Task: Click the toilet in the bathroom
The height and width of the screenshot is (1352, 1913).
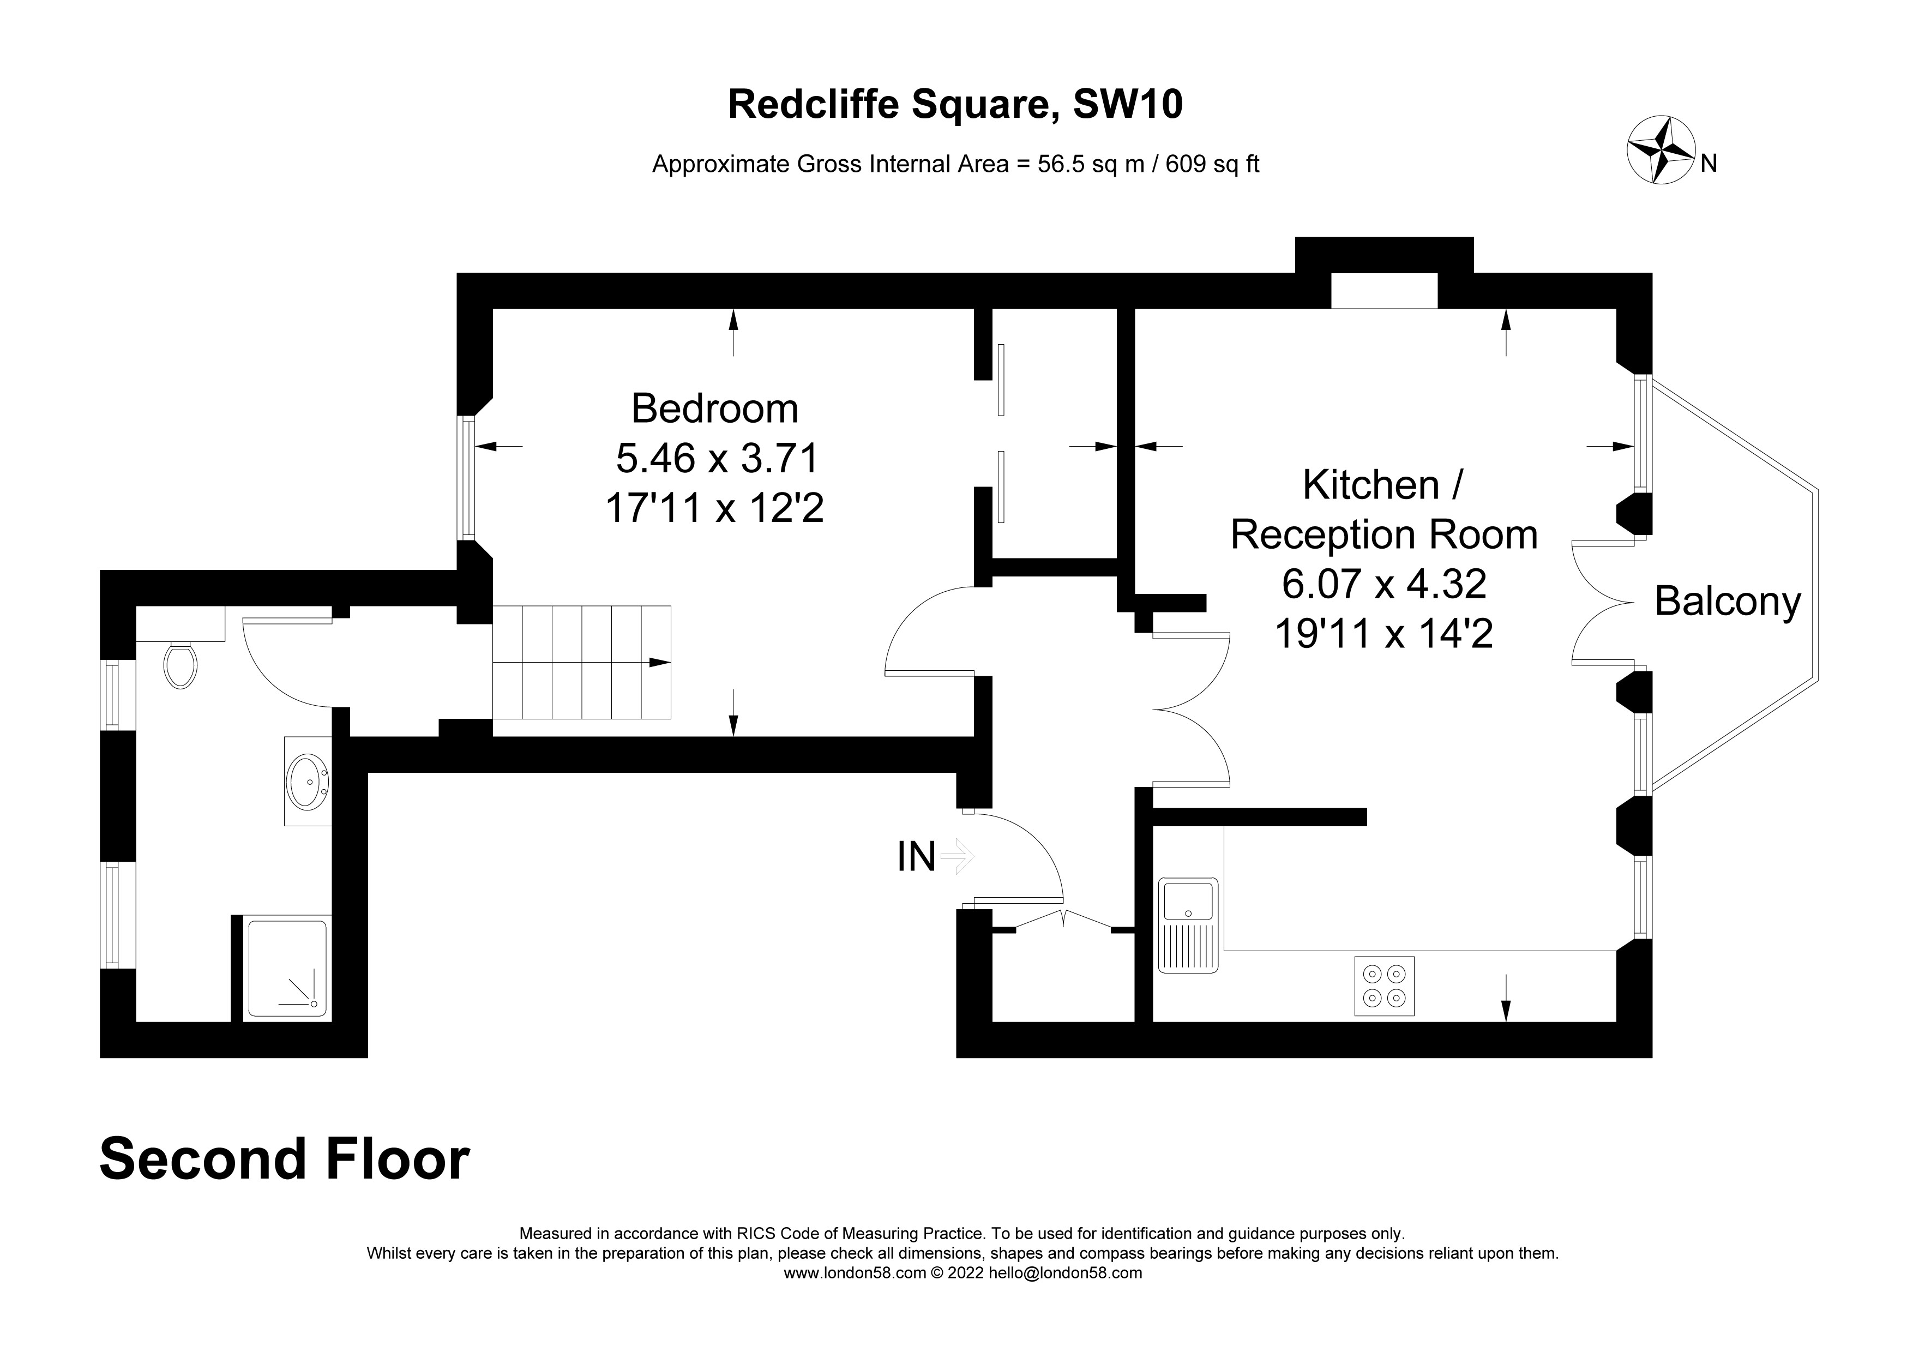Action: click(180, 664)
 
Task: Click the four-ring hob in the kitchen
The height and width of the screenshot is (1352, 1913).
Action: click(1384, 986)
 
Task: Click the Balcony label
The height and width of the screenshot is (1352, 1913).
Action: click(1727, 602)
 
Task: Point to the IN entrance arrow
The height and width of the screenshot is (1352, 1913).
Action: click(956, 856)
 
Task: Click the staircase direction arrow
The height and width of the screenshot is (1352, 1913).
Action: click(660, 662)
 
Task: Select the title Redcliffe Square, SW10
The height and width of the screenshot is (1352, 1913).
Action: click(955, 105)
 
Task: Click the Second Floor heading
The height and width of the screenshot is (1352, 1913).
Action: click(284, 1159)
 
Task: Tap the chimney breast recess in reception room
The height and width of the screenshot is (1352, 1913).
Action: click(1384, 290)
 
